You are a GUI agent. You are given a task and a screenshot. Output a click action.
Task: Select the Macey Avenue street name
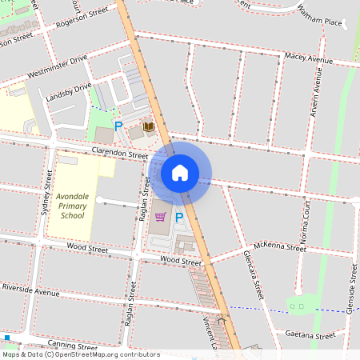pos(309,58)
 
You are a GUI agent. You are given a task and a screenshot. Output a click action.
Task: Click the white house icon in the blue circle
pos(180,172)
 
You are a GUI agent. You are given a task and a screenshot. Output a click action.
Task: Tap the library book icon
pos(148,126)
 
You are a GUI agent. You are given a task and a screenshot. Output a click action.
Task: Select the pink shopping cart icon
pos(160,217)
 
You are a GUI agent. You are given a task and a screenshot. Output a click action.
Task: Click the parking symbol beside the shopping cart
pos(179,217)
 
